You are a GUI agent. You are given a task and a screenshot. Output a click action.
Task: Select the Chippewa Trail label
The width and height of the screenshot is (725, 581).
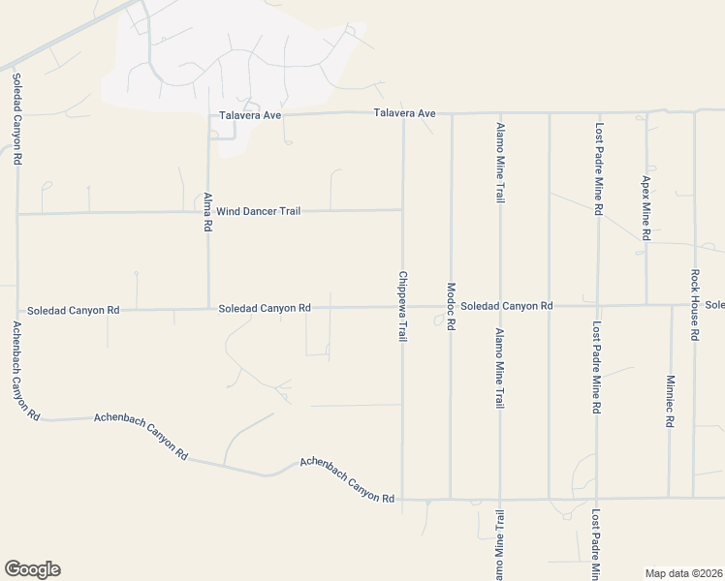pyautogui.click(x=402, y=305)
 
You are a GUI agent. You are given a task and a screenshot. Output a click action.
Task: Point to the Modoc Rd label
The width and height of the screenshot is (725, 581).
pyautogui.click(x=451, y=307)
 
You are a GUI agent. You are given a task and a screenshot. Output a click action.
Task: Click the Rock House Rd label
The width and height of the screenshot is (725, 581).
pyautogui.click(x=695, y=305)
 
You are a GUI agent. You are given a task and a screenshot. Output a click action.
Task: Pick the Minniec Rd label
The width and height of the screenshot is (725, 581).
pyautogui.click(x=670, y=402)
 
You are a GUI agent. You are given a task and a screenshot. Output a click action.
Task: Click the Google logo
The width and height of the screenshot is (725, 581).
pyautogui.click(x=32, y=569)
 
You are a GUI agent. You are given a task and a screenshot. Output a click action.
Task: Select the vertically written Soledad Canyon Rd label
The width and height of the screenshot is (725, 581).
pyautogui.click(x=16, y=115)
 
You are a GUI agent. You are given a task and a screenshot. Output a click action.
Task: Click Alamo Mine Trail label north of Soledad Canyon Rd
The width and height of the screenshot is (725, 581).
pyautogui.click(x=500, y=163)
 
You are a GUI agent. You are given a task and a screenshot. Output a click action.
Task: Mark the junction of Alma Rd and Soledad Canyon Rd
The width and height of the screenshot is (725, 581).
pyautogui.click(x=208, y=309)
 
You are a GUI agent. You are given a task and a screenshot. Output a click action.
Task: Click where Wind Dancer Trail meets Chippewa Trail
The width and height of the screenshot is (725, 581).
pyautogui.click(x=402, y=209)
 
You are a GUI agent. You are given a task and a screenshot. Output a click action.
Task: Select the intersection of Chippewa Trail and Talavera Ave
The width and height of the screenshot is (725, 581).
pyautogui.click(x=402, y=113)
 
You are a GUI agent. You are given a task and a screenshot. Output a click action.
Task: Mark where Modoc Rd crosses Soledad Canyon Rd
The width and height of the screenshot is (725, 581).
pyautogui.click(x=451, y=307)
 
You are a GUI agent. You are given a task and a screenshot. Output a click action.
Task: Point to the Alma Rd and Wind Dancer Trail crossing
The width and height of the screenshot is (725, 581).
pyautogui.click(x=208, y=211)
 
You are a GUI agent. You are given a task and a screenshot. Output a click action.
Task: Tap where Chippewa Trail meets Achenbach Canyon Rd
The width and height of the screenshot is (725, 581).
pyautogui.click(x=402, y=500)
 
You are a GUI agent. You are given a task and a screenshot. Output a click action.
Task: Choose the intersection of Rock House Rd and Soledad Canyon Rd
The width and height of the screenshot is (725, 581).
pyautogui.click(x=694, y=305)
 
